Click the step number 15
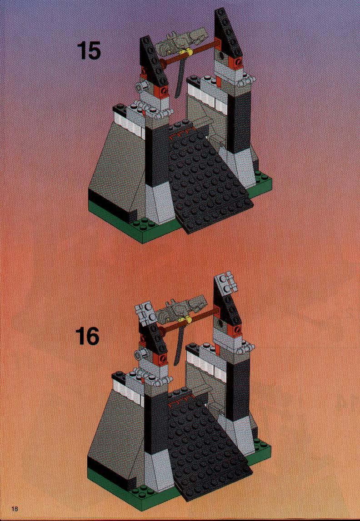(89, 51)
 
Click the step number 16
(87, 336)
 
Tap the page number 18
(14, 509)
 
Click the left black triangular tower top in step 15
(154, 60)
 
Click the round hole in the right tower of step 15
(221, 55)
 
